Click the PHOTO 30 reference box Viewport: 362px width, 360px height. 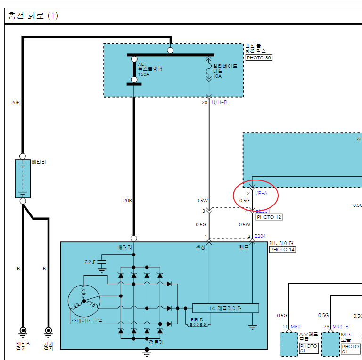[259, 58]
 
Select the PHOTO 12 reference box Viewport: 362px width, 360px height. [269, 217]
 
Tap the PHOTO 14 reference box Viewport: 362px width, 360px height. [282, 249]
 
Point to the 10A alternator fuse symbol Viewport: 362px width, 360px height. [209, 71]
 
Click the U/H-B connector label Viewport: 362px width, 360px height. [220, 102]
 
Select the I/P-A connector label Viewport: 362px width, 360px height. [261, 193]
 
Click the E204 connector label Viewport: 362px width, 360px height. [260, 236]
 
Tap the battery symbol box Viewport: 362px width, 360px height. [22, 179]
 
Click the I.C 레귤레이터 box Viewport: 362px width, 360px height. [225, 308]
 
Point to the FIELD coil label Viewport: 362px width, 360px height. [197, 320]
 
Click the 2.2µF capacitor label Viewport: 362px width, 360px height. [90, 262]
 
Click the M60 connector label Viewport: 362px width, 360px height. [296, 327]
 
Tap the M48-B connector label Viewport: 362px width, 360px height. [340, 327]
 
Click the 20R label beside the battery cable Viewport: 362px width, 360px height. [15, 102]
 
